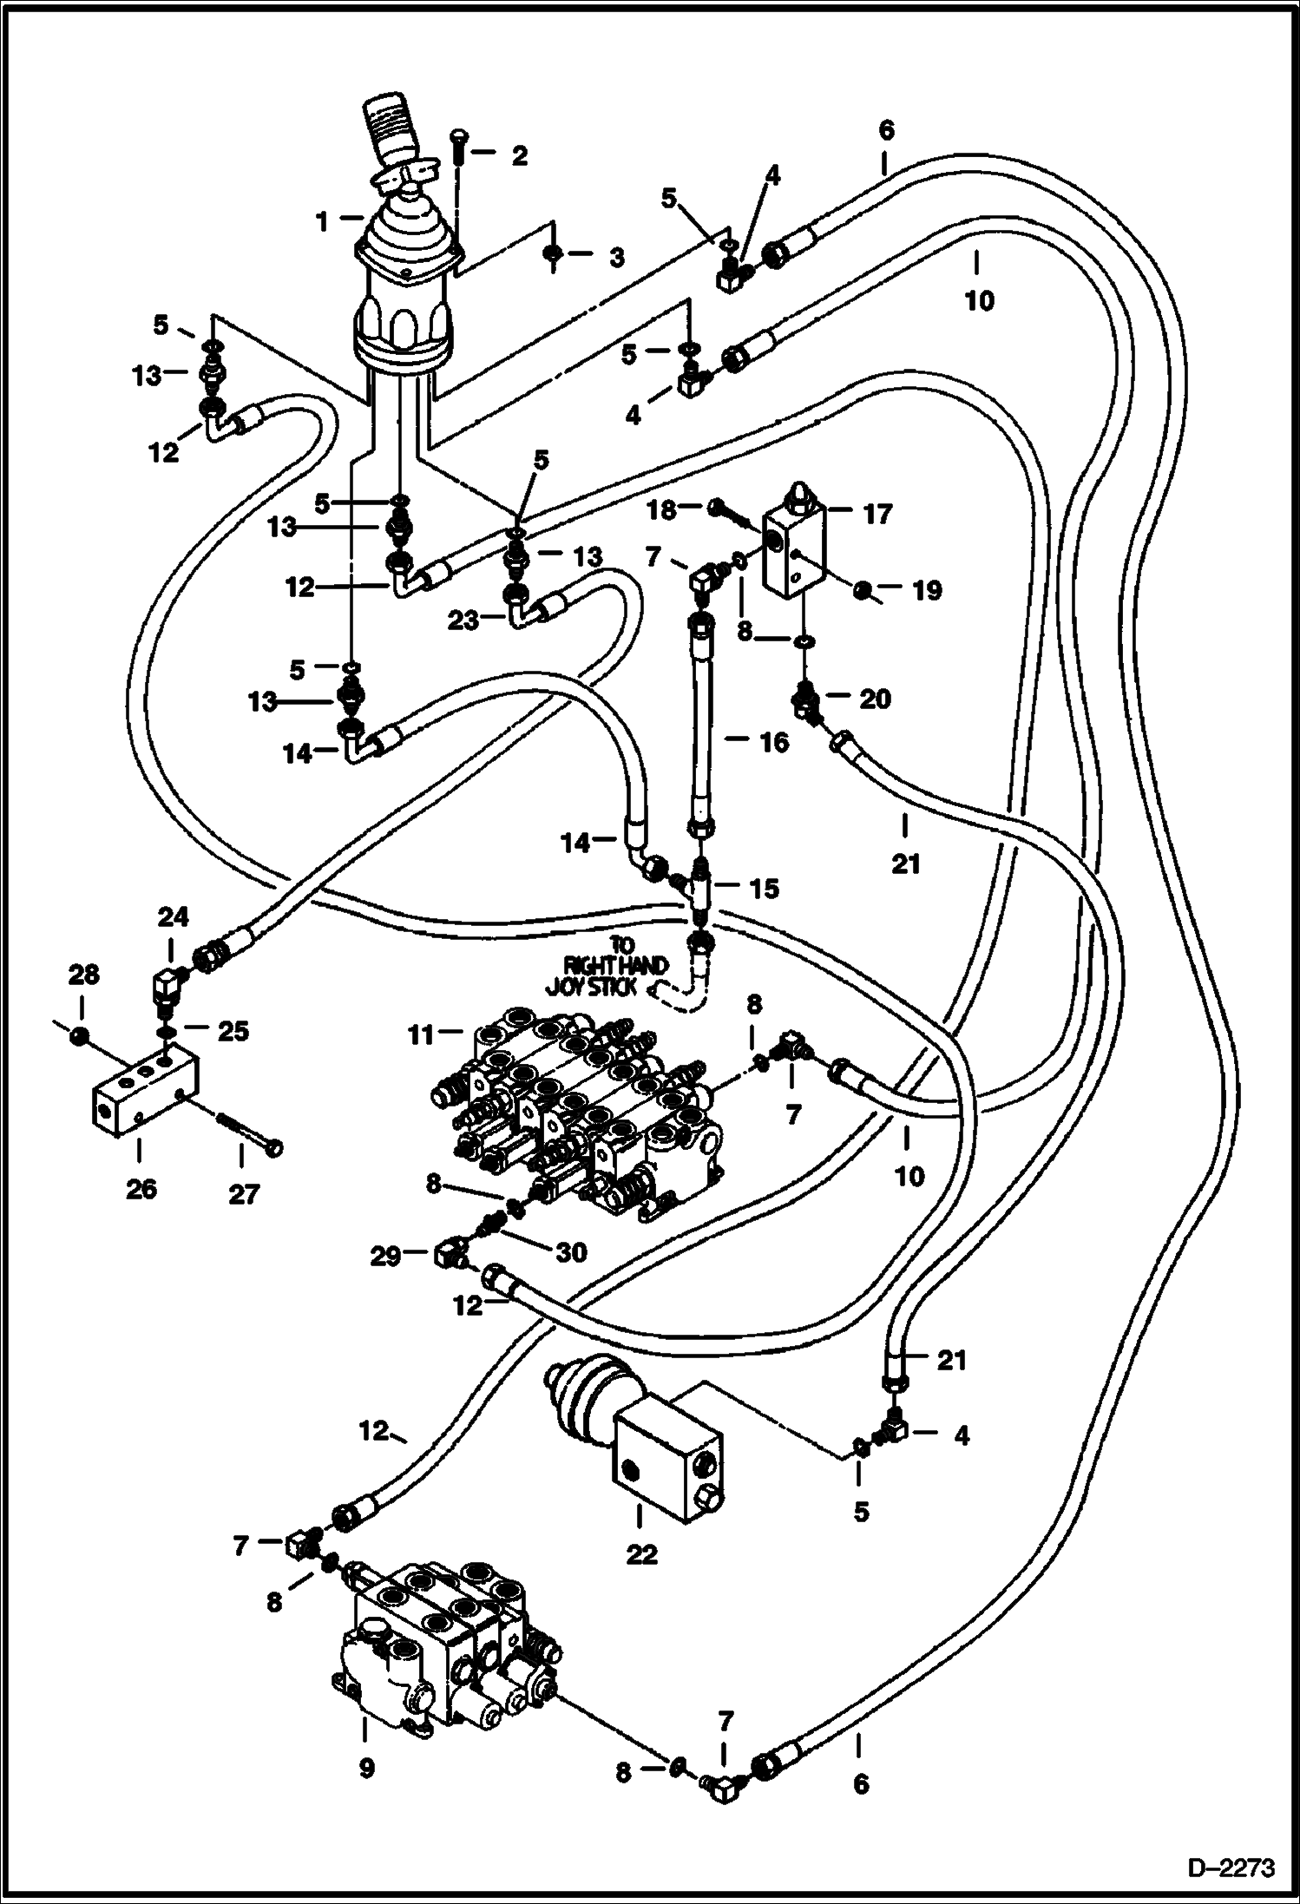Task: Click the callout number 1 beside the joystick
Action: click(323, 222)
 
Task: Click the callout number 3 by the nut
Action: click(615, 258)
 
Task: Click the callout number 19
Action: click(927, 591)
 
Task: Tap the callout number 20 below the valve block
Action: click(875, 699)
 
